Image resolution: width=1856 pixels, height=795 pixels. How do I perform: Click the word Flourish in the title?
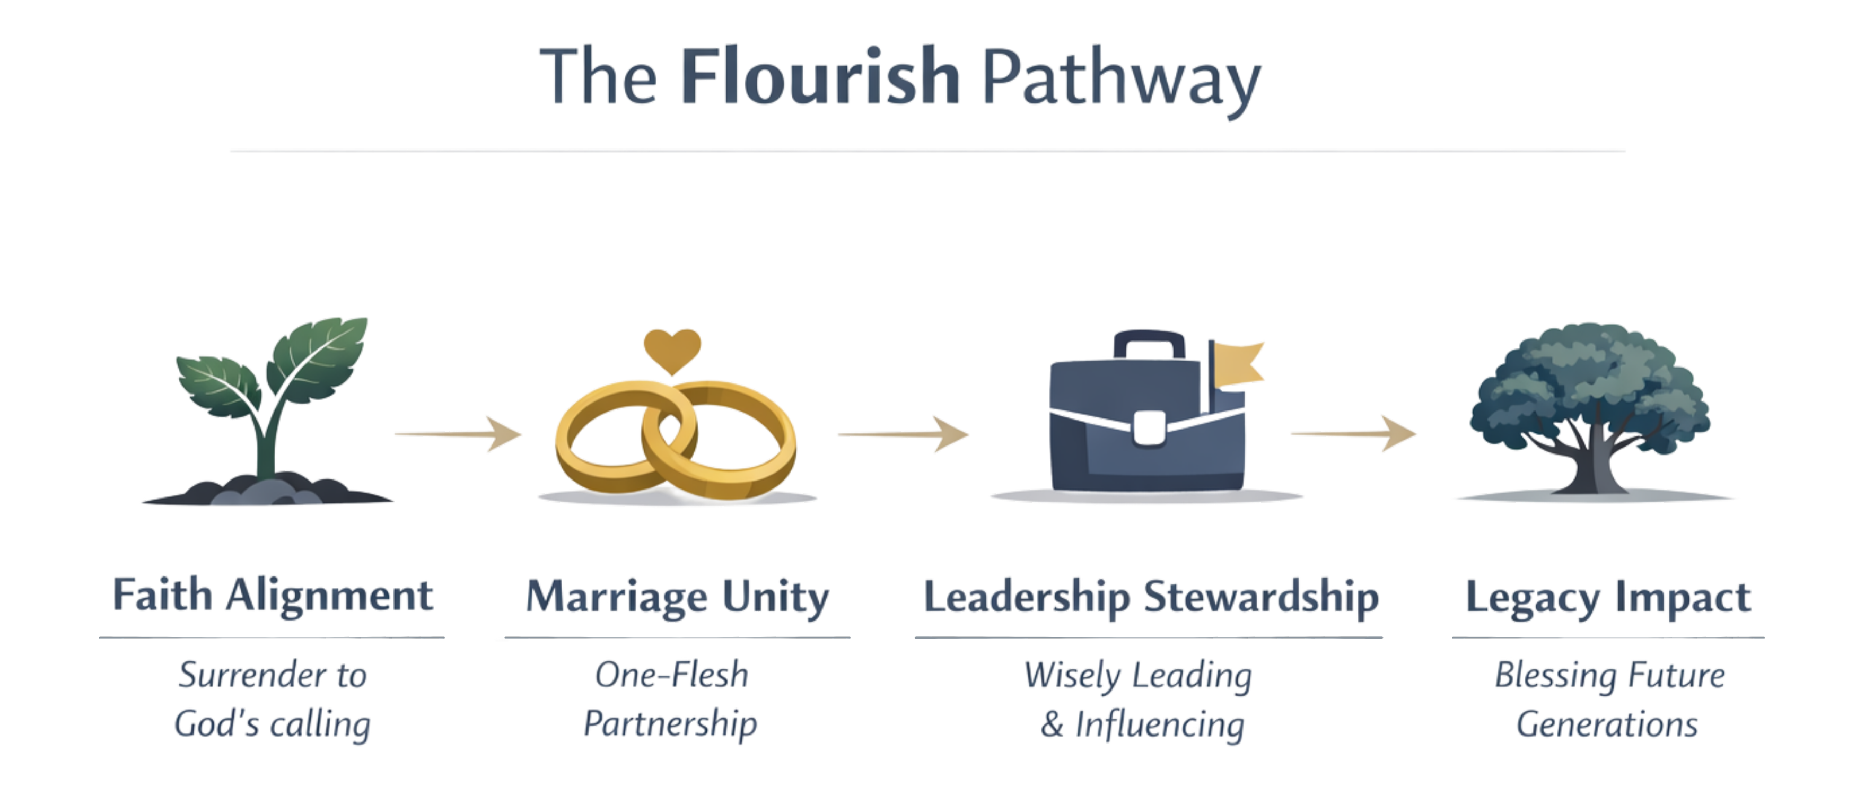tap(820, 76)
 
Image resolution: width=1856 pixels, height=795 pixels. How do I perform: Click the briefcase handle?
tap(1149, 345)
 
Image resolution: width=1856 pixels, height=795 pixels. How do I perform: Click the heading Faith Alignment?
tap(273, 596)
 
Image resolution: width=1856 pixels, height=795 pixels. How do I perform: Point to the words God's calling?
tap(273, 723)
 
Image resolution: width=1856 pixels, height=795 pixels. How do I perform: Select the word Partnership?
tap(671, 722)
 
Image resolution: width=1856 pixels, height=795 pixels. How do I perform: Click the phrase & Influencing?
tap(1142, 723)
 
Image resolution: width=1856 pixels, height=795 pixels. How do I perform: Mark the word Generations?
tap(1607, 723)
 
